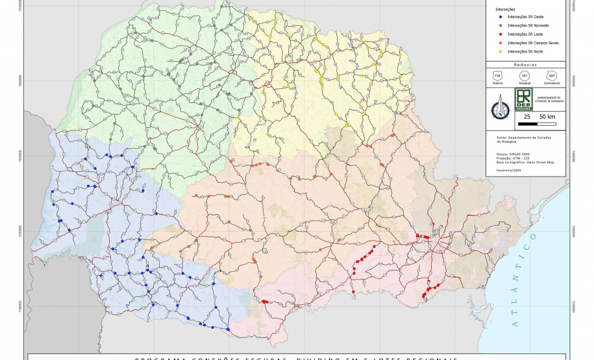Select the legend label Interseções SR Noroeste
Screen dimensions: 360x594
(x=528, y=25)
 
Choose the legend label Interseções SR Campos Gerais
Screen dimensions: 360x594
(x=533, y=42)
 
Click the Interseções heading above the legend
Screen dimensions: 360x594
(x=506, y=9)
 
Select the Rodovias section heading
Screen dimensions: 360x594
(x=525, y=65)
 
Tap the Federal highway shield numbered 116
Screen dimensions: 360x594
(x=497, y=77)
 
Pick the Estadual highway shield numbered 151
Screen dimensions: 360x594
(x=525, y=77)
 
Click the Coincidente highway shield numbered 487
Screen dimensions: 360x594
(x=552, y=77)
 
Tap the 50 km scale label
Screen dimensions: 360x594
(x=547, y=117)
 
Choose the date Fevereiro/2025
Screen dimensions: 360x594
(x=510, y=169)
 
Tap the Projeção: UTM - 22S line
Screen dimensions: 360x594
(x=513, y=158)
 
